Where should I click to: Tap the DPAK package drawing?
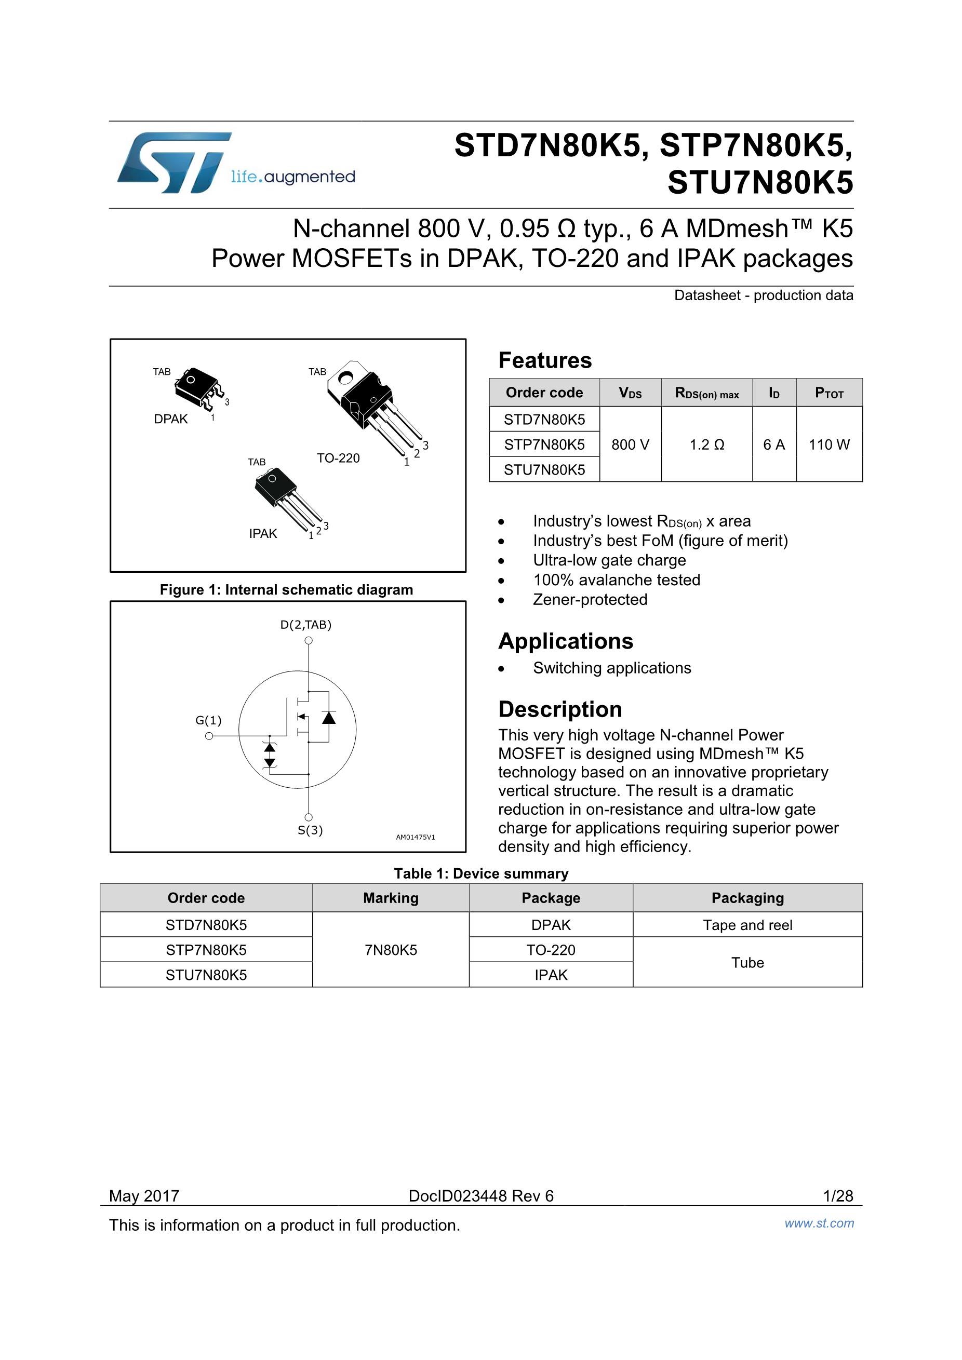[x=197, y=388]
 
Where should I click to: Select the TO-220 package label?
[x=338, y=458]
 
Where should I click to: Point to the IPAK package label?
[x=262, y=534]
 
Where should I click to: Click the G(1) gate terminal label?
[x=208, y=720]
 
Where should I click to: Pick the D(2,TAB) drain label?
[x=305, y=624]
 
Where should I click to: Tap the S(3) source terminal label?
[x=310, y=830]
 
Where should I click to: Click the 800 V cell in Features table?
[x=630, y=445]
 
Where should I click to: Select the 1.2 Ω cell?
[x=706, y=445]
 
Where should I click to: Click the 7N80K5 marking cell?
[x=391, y=950]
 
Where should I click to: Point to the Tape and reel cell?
[x=747, y=925]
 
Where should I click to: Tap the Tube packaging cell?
[x=747, y=963]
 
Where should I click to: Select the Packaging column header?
[x=747, y=898]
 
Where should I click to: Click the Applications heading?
[x=565, y=641]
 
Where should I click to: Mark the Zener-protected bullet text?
[x=590, y=599]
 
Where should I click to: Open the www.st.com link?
[x=819, y=1223]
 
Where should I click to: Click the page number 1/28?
[x=838, y=1196]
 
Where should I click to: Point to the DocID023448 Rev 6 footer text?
[x=480, y=1196]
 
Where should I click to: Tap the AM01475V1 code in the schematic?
[x=415, y=837]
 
